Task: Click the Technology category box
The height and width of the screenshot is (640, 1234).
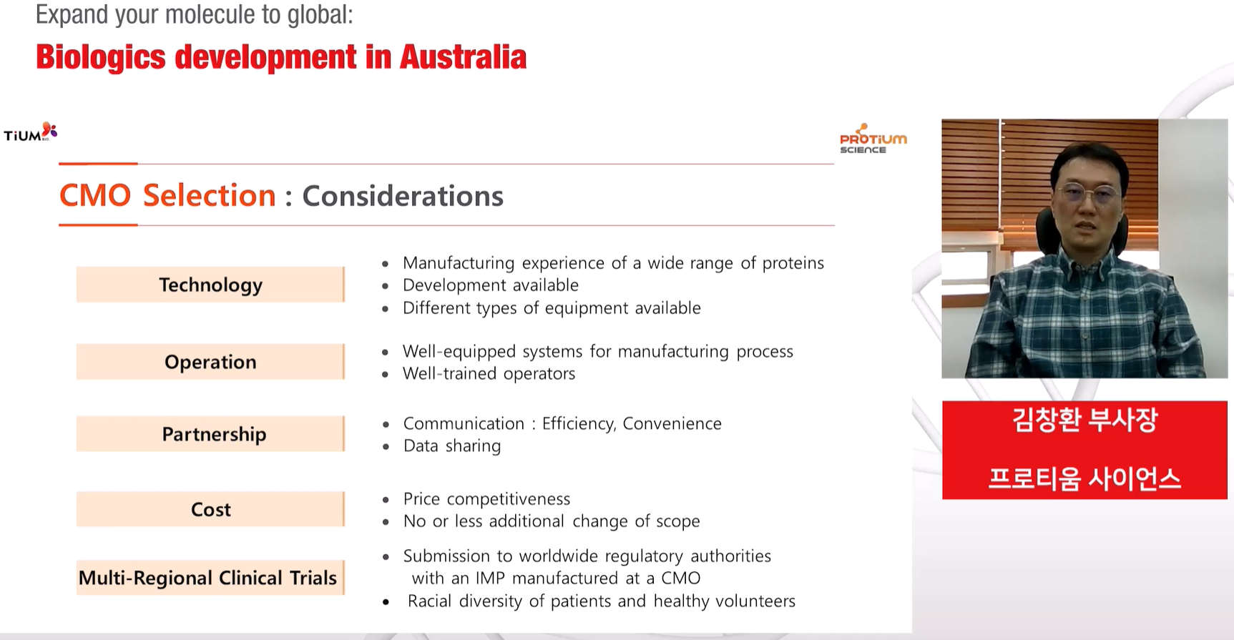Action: click(x=210, y=285)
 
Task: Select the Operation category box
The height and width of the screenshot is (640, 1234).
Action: click(x=210, y=362)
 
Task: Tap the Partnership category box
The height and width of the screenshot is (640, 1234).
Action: click(x=210, y=434)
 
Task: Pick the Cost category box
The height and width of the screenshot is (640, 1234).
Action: click(x=210, y=509)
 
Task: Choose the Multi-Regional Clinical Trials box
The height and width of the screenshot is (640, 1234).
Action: click(x=210, y=578)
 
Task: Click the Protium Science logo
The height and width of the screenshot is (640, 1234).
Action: click(x=873, y=139)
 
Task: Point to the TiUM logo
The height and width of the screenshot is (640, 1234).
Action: click(x=30, y=133)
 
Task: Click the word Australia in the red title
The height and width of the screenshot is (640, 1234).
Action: click(x=463, y=57)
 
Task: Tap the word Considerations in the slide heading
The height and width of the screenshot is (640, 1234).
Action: click(x=403, y=196)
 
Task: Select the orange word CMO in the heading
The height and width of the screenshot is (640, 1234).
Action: click(x=95, y=196)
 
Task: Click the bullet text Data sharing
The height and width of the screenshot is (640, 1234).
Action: click(x=452, y=446)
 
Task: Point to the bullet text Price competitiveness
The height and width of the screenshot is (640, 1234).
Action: click(x=486, y=499)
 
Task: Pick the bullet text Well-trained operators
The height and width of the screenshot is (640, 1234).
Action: click(x=489, y=374)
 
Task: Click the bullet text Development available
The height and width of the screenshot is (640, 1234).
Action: click(x=491, y=285)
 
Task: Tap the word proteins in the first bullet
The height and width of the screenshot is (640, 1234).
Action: click(x=793, y=264)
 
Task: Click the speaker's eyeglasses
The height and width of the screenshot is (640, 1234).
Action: click(x=1088, y=194)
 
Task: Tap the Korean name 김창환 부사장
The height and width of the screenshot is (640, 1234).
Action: click(x=1084, y=420)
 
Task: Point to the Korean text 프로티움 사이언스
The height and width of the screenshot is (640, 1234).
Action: click(x=1084, y=478)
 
